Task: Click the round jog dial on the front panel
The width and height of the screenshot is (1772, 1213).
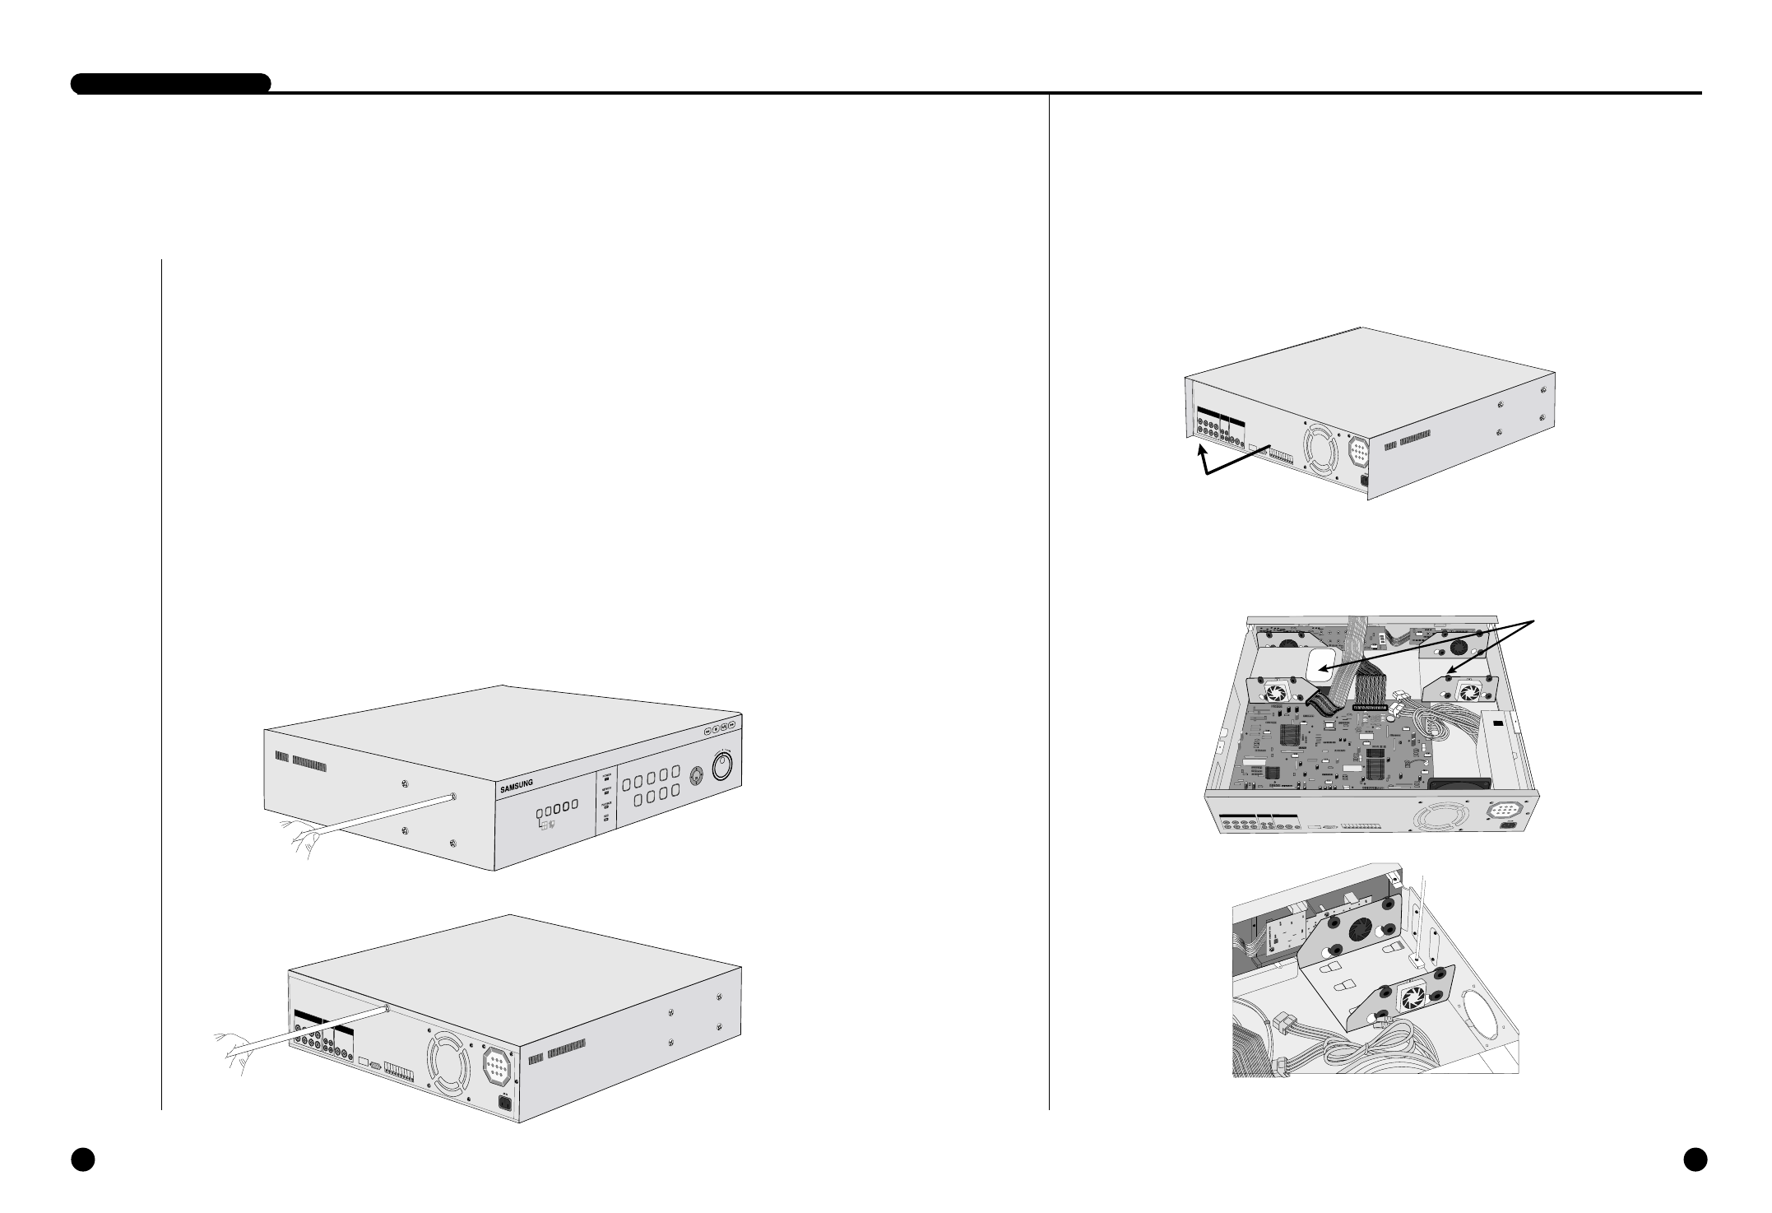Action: click(722, 767)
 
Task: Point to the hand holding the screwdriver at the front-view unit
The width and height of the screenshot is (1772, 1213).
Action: click(299, 836)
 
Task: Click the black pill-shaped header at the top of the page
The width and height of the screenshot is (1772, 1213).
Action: click(171, 84)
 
